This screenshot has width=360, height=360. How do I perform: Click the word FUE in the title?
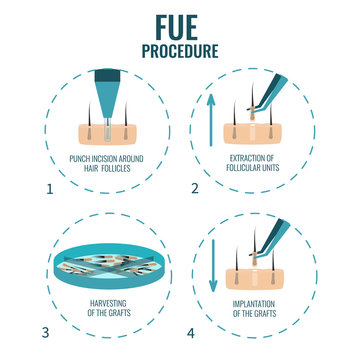pos(180,23)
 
